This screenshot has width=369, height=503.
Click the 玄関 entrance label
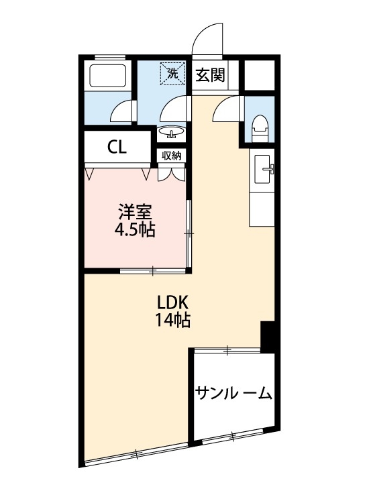click(x=210, y=75)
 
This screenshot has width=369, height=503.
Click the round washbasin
click(x=172, y=131)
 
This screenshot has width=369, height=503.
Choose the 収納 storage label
click(x=172, y=156)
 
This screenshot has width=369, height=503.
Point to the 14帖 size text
click(x=172, y=320)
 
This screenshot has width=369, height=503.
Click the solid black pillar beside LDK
click(x=268, y=336)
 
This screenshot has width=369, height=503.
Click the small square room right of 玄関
click(x=259, y=74)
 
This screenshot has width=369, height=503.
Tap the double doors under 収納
click(x=172, y=173)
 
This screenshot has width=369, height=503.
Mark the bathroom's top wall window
click(x=109, y=57)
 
